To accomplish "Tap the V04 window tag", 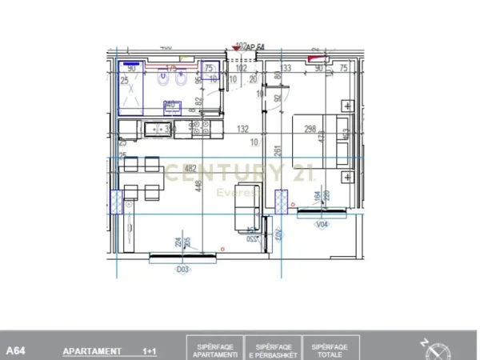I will [x=322, y=225].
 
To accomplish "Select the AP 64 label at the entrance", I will [x=255, y=47].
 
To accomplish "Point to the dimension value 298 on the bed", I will [x=310, y=129].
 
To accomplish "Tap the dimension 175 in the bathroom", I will [x=171, y=69].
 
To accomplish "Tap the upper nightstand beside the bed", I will [x=348, y=105].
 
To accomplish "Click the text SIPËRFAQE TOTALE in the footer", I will [x=329, y=350].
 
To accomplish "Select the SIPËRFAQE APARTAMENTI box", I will [x=216, y=350].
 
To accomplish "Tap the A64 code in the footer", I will [x=15, y=351].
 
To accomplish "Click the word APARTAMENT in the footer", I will [x=92, y=351].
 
